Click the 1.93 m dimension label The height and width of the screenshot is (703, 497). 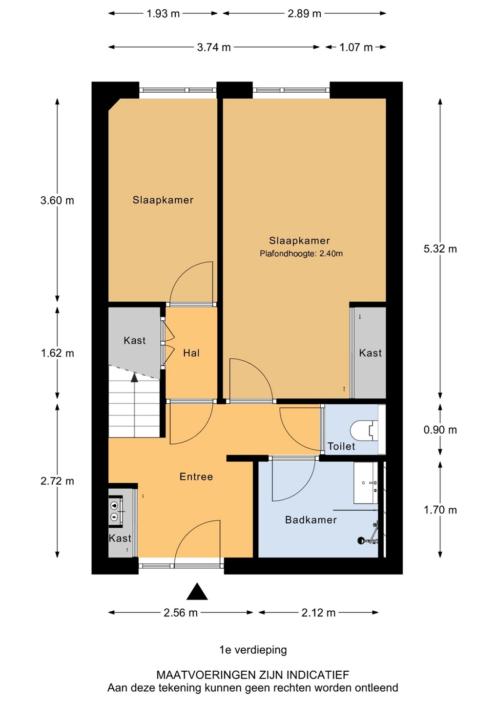[163, 14]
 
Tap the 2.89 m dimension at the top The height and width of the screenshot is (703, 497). [304, 14]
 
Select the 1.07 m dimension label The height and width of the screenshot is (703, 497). [356, 47]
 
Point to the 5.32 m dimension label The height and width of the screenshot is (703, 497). [440, 249]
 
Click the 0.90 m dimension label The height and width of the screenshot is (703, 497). [440, 430]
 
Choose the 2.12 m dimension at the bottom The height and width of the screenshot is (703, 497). [318, 613]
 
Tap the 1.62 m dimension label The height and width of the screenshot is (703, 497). [58, 353]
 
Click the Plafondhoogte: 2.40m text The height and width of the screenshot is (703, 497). [301, 253]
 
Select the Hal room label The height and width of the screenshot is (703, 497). [191, 353]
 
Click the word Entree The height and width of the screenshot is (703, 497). [196, 476]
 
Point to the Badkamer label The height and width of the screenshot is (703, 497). [311, 520]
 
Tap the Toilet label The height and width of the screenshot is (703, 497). [341, 446]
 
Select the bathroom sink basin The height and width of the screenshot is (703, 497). [366, 483]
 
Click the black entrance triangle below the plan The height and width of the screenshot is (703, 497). [197, 591]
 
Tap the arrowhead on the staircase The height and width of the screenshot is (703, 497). [134, 377]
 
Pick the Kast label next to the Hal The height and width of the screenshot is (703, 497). [135, 341]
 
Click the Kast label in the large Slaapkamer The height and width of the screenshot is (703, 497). [370, 353]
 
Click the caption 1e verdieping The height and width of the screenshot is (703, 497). [253, 650]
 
